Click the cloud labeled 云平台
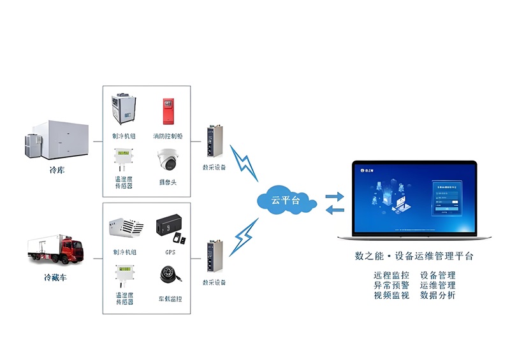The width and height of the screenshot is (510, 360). pos(285,201)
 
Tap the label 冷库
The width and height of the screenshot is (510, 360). pos(57,171)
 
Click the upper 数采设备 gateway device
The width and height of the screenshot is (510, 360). pos(213,141)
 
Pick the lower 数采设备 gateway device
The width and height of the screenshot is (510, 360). pos(213,257)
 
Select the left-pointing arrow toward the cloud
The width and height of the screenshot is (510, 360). pos(333,209)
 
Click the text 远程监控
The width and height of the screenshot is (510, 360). pos(391,275)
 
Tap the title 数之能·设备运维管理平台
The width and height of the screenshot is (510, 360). pos(414,256)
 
